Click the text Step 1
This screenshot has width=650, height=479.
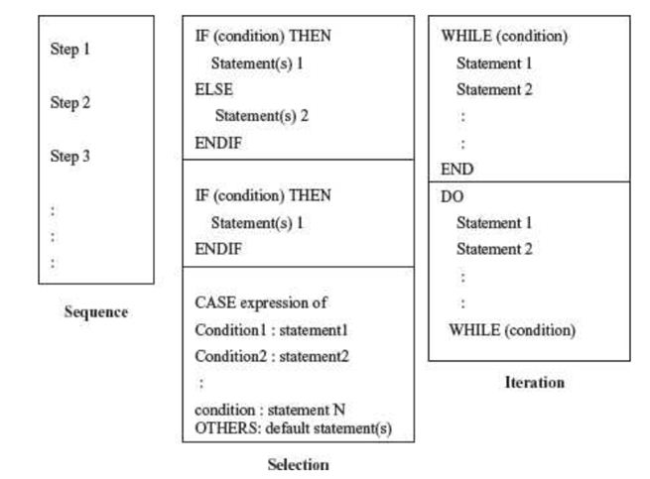(x=69, y=49)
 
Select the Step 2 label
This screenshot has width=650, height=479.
(x=69, y=103)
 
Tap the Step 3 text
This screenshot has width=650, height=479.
(x=69, y=157)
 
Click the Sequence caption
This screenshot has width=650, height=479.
(x=95, y=312)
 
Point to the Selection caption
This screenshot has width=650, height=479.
(x=298, y=464)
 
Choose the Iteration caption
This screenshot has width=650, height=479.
(x=534, y=382)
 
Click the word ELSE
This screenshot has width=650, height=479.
(x=213, y=89)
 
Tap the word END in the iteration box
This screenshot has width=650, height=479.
(x=456, y=170)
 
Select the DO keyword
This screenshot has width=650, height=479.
(x=452, y=197)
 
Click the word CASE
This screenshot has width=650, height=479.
(x=214, y=302)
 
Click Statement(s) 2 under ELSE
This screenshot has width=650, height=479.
(x=262, y=116)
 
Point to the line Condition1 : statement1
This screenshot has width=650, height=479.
(x=271, y=329)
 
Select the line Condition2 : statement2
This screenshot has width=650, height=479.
(x=271, y=356)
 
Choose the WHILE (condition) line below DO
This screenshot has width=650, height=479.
(x=512, y=329)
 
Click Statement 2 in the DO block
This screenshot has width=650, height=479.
(x=494, y=250)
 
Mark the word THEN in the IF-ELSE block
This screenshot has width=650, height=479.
(x=310, y=37)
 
